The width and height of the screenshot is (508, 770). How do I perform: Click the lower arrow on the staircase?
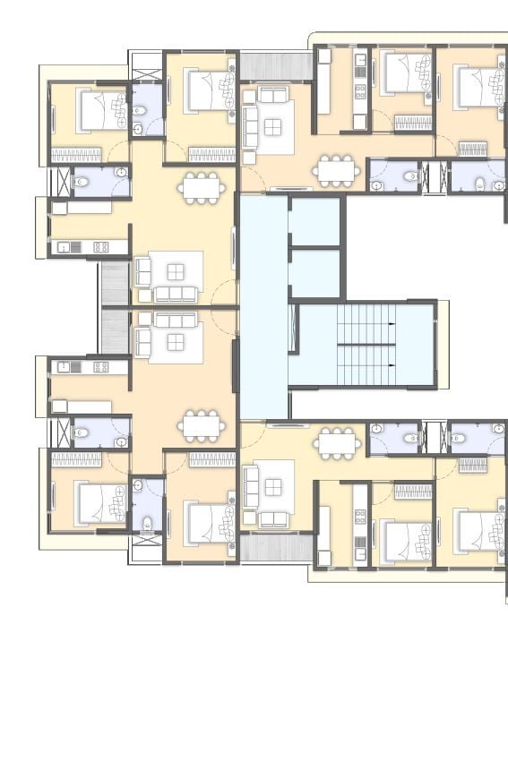(x=392, y=365)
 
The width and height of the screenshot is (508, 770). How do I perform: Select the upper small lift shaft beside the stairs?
(x=315, y=220)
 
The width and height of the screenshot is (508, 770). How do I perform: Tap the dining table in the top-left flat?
(x=200, y=186)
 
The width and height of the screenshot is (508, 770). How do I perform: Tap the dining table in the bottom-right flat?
(x=337, y=441)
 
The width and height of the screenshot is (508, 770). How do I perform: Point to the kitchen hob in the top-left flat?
(x=101, y=246)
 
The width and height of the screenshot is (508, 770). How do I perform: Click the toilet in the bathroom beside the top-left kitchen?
(x=81, y=182)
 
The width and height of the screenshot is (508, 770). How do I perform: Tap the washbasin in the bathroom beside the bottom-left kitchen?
(x=120, y=442)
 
